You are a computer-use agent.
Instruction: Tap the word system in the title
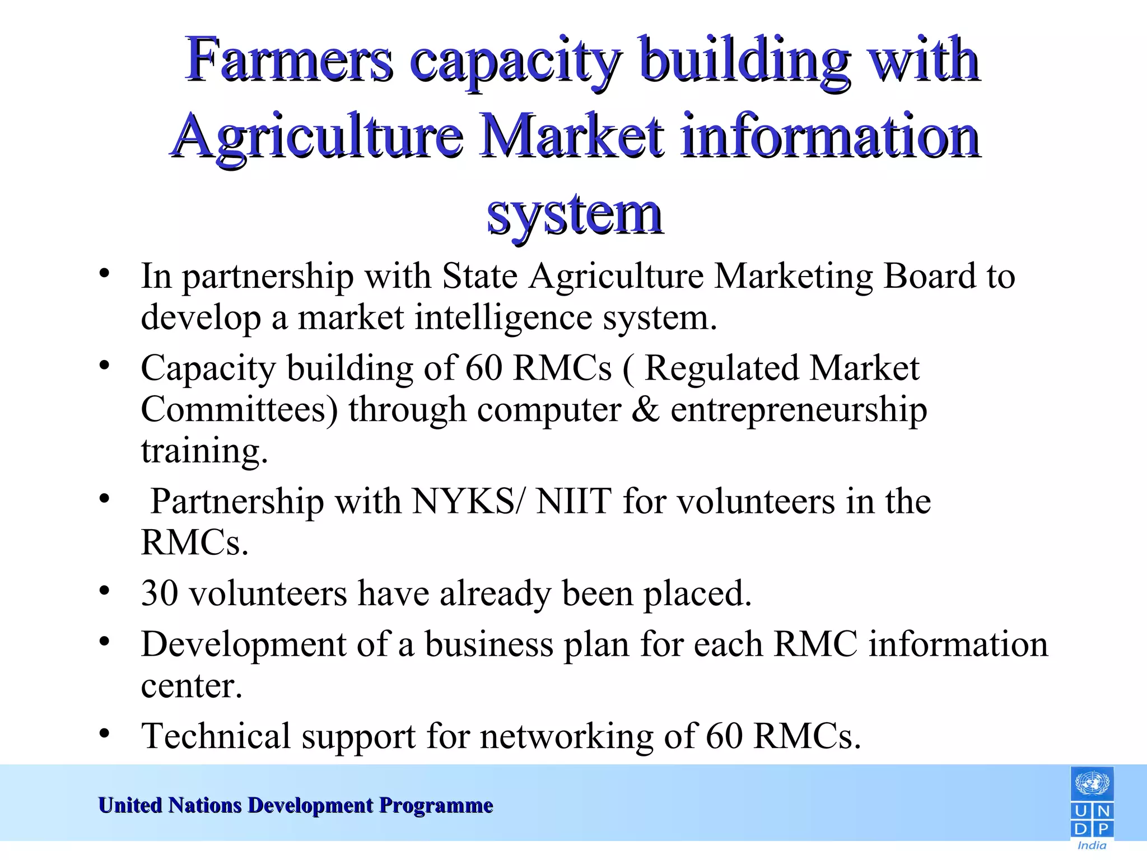point(575,214)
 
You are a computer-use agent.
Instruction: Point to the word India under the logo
point(1092,845)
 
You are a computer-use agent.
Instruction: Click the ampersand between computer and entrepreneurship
point(646,409)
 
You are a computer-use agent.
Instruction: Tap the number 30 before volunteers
point(160,593)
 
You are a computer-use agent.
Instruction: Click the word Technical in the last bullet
point(216,736)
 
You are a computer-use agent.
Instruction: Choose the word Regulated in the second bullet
point(721,368)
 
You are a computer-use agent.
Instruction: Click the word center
point(192,686)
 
